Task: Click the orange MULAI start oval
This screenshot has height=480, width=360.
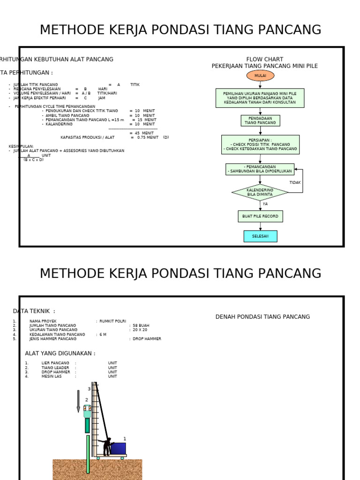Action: (260, 75)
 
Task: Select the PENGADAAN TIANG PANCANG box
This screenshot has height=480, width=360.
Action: (260, 120)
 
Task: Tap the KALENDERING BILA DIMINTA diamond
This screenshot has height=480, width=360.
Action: (260, 192)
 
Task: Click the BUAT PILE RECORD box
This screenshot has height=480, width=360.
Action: (260, 216)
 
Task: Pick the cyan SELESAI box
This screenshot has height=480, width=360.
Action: (260, 236)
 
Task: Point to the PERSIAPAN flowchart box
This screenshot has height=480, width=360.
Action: (260, 145)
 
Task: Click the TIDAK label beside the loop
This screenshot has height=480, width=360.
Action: (295, 182)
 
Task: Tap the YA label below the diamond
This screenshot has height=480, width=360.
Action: (265, 204)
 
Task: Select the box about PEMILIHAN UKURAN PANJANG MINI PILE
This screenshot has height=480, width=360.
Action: (260, 98)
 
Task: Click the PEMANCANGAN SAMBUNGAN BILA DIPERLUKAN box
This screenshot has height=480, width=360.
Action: (260, 169)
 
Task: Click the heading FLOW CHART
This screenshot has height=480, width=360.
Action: (264, 59)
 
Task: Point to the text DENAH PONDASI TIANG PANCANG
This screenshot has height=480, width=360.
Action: (262, 317)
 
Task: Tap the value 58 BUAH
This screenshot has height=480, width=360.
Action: (141, 325)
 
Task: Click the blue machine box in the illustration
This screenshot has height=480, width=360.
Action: (118, 449)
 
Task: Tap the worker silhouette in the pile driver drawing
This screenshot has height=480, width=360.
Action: (107, 447)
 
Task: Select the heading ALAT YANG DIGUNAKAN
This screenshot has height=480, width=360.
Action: (60, 353)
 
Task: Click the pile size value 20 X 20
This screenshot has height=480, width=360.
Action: (140, 330)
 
